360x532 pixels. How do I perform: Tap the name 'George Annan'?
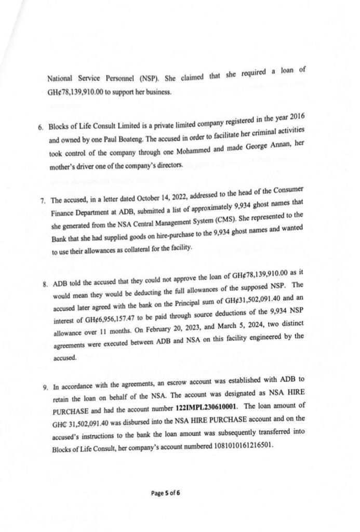(x=274, y=149)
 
